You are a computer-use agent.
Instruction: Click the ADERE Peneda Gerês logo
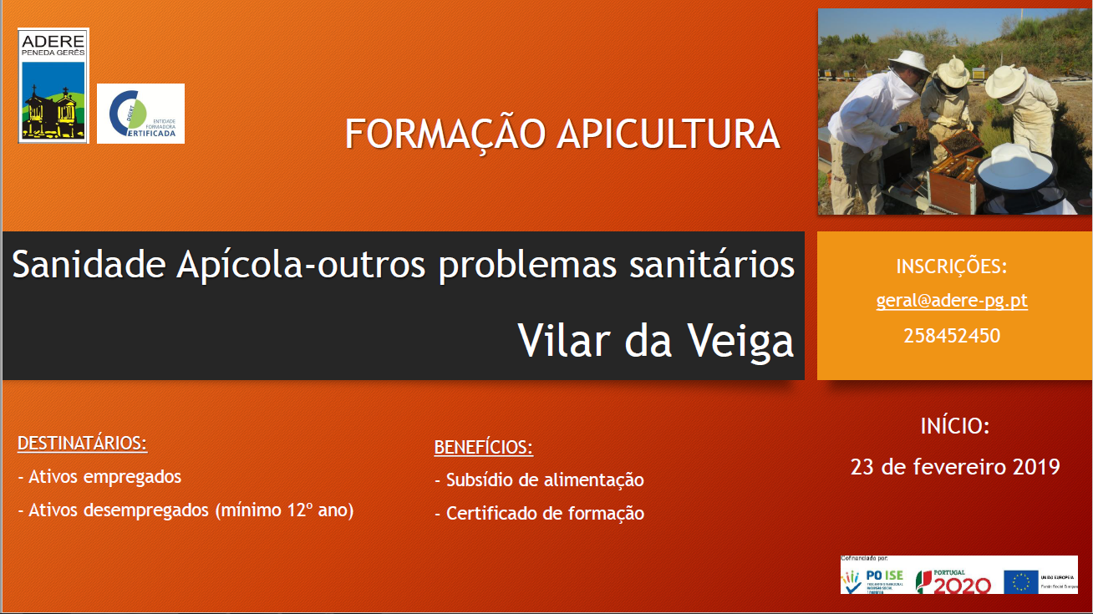tap(53, 86)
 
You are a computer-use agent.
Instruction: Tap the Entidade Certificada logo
tap(140, 114)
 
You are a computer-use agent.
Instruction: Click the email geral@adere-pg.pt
tap(952, 301)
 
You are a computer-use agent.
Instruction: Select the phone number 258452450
tap(952, 336)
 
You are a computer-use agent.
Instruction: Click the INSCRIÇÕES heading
tap(952, 266)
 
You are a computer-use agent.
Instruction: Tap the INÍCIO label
tap(954, 426)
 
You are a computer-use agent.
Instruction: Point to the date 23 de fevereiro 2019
tap(954, 466)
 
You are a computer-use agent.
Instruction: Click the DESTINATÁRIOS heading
tap(82, 443)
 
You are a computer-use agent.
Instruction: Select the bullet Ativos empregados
tap(99, 477)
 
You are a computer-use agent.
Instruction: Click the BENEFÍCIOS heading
tap(483, 447)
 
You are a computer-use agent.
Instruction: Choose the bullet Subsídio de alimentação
tap(539, 480)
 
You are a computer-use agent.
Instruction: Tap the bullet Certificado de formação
tap(539, 514)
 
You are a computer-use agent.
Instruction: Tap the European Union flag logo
tap(1020, 581)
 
